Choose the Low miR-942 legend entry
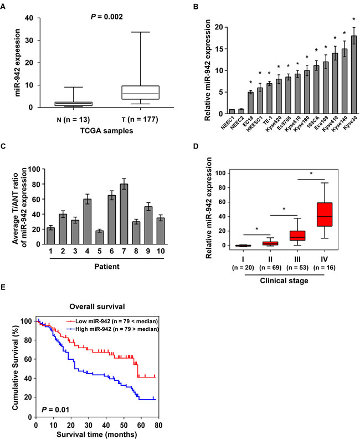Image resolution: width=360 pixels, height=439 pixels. click(x=111, y=320)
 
